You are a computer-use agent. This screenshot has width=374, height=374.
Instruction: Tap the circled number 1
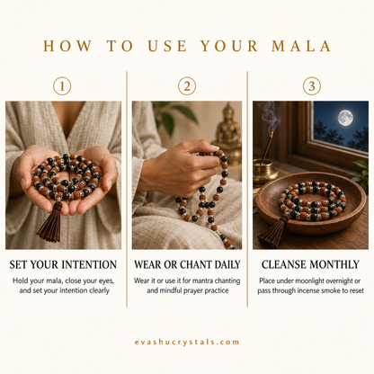62,86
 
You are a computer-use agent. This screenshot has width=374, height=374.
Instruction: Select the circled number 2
187,86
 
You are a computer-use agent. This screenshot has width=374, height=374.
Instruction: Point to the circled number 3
312,86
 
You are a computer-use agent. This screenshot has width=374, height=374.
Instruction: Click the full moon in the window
345,118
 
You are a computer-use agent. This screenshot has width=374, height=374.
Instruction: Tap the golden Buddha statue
228,132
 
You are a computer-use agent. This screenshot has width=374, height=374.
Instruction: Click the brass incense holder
264,172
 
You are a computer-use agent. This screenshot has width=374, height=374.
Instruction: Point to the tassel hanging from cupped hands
50,222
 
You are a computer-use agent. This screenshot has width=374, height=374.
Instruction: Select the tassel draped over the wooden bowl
272,231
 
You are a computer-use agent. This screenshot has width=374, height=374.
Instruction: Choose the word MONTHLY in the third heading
334,264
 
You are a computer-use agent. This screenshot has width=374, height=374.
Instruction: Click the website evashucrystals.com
187,343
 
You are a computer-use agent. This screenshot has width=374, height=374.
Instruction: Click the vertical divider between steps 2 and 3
247,189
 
